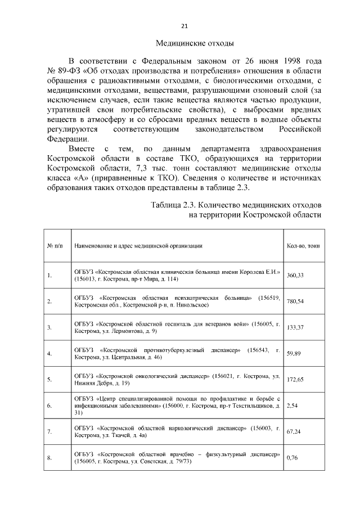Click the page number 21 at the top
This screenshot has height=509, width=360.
click(184, 26)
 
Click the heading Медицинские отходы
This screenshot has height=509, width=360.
click(193, 43)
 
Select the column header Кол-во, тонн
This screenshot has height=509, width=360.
click(303, 246)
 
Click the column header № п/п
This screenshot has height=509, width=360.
click(55, 246)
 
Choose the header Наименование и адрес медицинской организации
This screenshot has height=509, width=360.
click(138, 246)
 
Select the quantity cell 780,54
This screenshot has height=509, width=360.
click(295, 301)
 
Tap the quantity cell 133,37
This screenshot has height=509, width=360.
click(295, 327)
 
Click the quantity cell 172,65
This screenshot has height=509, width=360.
click(295, 380)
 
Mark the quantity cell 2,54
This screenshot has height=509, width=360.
click(292, 405)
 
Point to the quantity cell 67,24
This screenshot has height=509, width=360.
click(294, 431)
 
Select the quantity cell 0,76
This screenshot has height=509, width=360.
click(292, 458)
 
